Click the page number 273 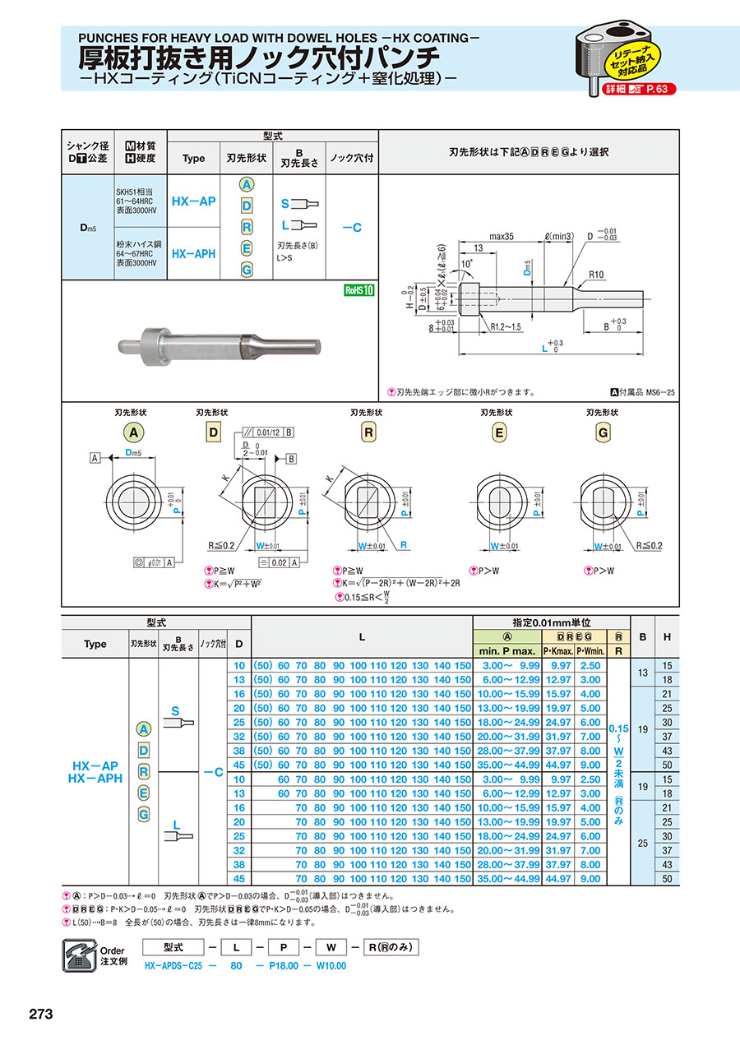coord(41,1014)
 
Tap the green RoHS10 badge coord(358,290)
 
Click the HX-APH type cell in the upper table coord(193,254)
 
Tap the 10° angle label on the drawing coord(466,263)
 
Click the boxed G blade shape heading coord(603,432)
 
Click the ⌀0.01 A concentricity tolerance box coord(153,562)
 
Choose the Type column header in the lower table coord(95,644)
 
